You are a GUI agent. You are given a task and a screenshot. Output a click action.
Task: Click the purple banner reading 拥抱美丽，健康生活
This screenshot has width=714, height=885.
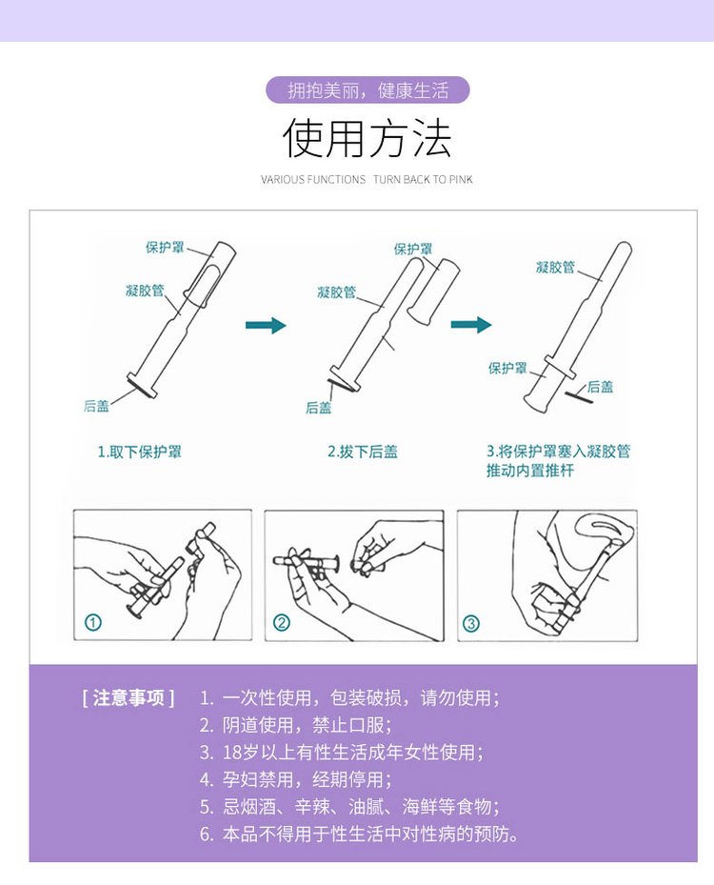[x=367, y=91]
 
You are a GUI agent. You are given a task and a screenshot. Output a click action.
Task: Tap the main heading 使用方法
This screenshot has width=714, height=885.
[x=367, y=139]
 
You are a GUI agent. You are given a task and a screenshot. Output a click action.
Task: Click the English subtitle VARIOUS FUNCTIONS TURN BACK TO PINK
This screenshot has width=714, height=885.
[x=367, y=179]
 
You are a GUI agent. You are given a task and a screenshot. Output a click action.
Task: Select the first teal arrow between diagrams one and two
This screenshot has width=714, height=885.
[x=266, y=326]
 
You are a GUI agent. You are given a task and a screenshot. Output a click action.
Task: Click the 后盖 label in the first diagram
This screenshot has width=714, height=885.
[x=96, y=407]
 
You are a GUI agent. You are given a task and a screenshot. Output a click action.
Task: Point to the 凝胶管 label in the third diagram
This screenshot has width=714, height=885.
[x=555, y=268]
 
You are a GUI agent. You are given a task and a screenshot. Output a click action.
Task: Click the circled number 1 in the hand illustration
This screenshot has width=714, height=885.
[x=93, y=623]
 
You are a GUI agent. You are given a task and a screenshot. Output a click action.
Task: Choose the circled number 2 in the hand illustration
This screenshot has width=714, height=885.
[x=282, y=623]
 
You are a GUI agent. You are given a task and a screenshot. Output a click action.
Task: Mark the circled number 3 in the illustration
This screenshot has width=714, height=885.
[x=471, y=624]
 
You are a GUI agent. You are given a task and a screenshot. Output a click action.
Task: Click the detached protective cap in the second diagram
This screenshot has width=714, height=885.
[x=434, y=291]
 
